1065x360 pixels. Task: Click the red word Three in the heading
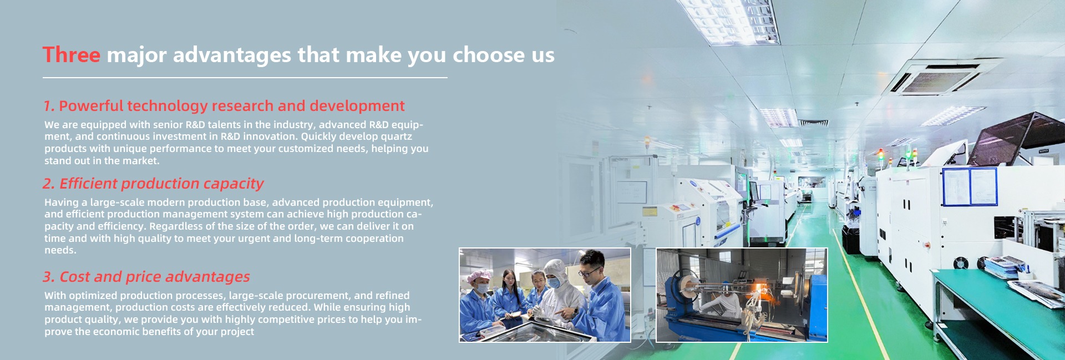[x=72, y=55]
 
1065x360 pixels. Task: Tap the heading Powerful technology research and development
[x=224, y=105]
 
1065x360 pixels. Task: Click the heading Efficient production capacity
[x=153, y=184]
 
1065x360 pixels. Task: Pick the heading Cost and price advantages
[x=146, y=276]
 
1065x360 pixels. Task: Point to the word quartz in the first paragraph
[x=396, y=136]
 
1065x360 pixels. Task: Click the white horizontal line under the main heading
[x=245, y=78]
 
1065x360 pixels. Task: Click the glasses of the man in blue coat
[x=589, y=272]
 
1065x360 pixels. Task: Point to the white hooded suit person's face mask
[x=554, y=283]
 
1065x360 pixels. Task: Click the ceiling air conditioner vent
[x=942, y=76]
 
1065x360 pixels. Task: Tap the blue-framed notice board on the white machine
[x=970, y=186]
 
